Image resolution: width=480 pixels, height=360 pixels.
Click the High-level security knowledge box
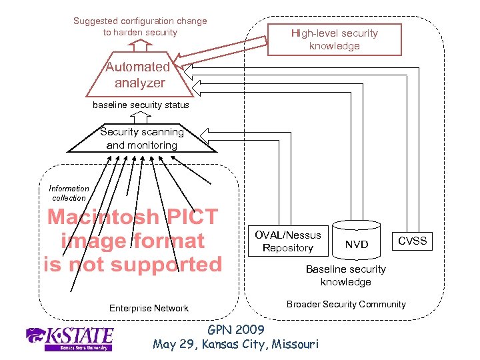click(334, 39)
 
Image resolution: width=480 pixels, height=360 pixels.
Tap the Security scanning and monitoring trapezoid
click(141, 139)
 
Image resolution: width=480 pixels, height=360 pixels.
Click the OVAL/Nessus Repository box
click(288, 241)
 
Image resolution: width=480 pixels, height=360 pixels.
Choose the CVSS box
click(412, 241)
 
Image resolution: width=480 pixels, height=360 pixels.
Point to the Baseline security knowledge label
click(345, 275)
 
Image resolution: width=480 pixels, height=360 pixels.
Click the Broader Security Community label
click(346, 304)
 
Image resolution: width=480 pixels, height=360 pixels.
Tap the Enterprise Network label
click(149, 308)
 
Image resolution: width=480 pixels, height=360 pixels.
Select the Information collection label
click(69, 193)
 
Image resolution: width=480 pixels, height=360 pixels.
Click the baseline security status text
click(141, 105)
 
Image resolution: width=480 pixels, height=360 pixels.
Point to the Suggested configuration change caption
click(140, 27)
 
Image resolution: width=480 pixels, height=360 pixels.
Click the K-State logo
click(69, 338)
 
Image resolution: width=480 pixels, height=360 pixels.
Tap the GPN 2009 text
click(236, 330)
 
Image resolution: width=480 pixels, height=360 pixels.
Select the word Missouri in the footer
click(293, 344)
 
